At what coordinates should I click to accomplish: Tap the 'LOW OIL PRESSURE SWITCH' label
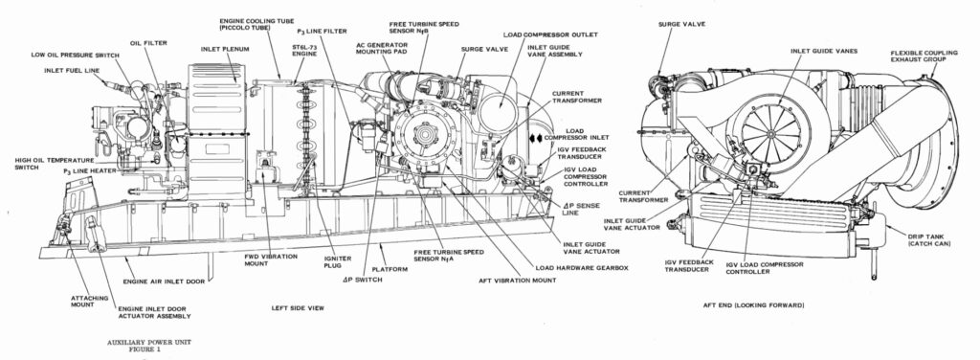[75, 55]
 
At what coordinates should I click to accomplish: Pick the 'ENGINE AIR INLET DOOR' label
[161, 281]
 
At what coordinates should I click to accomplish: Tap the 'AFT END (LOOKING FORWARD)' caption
[759, 304]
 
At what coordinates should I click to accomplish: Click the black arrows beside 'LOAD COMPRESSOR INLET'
[536, 138]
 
